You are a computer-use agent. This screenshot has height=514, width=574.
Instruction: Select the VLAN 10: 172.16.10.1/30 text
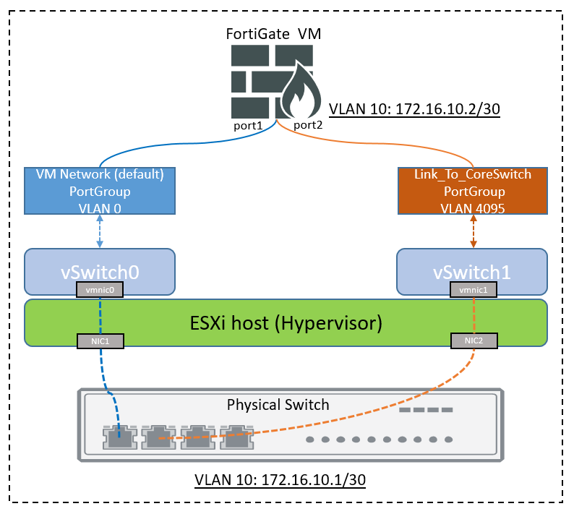pyautogui.click(x=280, y=480)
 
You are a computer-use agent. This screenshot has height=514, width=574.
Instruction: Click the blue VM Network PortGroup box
pyautogui.click(x=100, y=190)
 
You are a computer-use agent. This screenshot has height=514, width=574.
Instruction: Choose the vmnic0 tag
pyautogui.click(x=100, y=289)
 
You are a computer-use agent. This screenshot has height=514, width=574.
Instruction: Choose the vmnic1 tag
pyautogui.click(x=471, y=289)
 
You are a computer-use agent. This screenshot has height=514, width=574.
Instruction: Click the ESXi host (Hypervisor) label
pyautogui.click(x=286, y=322)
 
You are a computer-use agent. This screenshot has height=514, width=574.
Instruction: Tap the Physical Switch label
pyautogui.click(x=278, y=404)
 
